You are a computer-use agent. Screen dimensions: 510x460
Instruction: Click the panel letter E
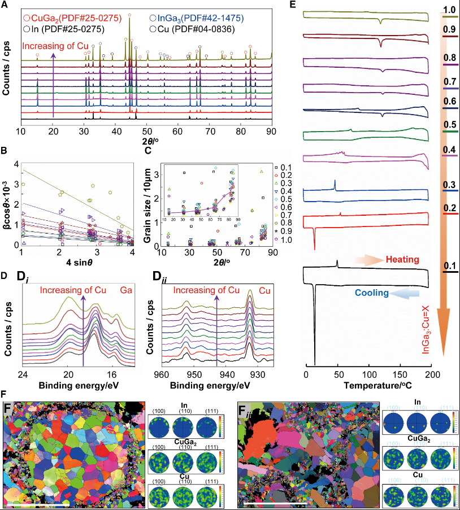[292, 5]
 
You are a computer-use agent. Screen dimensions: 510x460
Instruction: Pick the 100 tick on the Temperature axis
[369, 374]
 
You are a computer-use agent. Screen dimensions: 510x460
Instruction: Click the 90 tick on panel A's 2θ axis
[271, 131]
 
